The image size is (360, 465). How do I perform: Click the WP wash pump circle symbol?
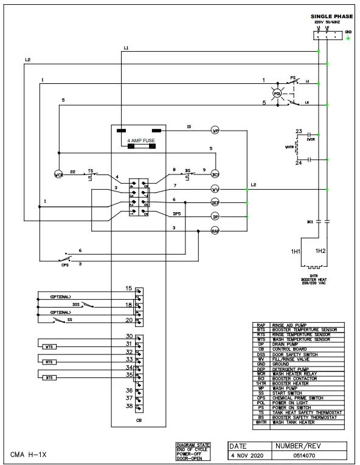[x=215, y=131]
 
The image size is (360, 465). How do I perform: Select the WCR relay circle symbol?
[x=59, y=175]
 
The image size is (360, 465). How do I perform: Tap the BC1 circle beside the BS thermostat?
[x=215, y=174]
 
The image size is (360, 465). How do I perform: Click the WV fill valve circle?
[x=215, y=188]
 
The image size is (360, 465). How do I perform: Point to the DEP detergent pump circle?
[x=215, y=202]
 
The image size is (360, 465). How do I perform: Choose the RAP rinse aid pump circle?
[x=215, y=230]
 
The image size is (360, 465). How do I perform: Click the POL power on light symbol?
[x=277, y=94]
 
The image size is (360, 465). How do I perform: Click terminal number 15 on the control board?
[x=129, y=288]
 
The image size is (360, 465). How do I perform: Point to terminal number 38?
[x=129, y=405]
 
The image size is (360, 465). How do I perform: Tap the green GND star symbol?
[x=348, y=38]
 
